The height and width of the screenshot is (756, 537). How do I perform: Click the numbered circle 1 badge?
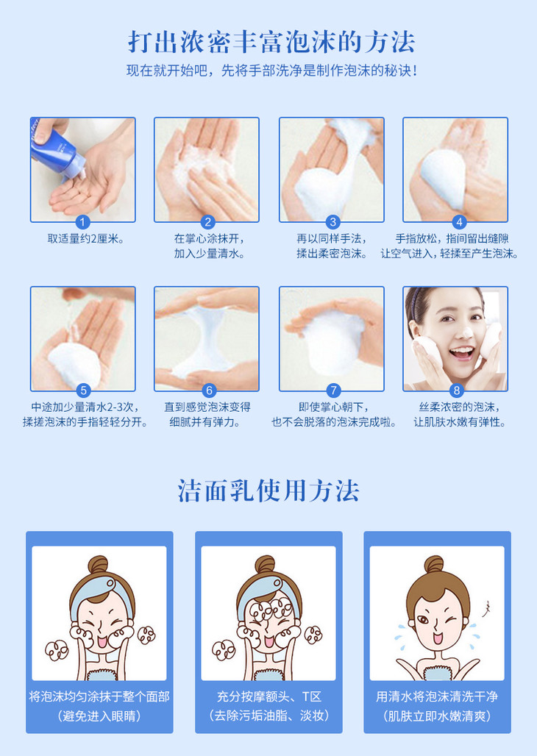coord(82,222)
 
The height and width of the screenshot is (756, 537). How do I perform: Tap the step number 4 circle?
coord(459,222)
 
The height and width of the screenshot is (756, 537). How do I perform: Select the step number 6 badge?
coord(209,391)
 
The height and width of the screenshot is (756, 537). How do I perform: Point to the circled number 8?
coord(456,391)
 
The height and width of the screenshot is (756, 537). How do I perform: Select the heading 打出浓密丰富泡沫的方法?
coord(271,42)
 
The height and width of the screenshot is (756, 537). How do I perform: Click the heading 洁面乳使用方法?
coord(268,491)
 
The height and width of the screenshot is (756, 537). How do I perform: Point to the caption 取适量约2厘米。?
coord(85,239)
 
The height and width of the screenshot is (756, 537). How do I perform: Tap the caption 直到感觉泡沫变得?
coord(207,407)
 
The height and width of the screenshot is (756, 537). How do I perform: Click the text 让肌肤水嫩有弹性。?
coord(460,422)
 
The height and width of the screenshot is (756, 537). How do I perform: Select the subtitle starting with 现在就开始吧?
coord(271,71)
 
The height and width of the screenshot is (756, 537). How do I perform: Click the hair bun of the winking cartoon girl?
coord(434,564)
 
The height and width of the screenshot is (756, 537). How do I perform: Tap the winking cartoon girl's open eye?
coord(422,619)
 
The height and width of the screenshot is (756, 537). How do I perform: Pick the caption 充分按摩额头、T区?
coord(268,696)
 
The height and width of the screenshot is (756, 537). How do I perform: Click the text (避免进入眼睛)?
coord(99,716)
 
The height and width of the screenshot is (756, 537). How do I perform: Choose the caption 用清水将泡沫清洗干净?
coord(437,696)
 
